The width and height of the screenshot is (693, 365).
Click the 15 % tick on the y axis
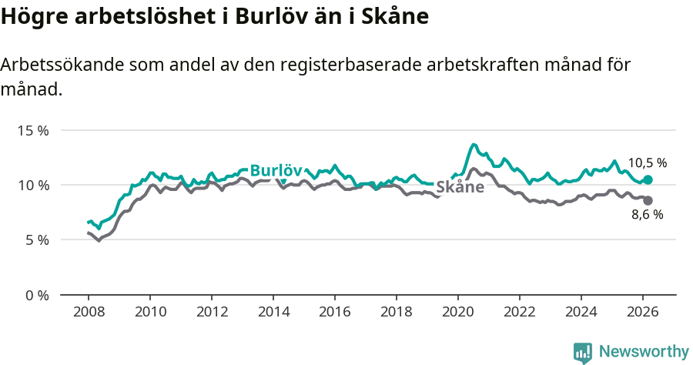click(32, 130)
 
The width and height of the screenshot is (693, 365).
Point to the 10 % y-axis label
click(32, 185)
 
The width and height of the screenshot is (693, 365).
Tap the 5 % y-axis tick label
click(35, 239)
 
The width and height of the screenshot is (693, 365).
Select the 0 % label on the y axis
click(35, 295)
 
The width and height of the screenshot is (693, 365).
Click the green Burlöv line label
click(276, 170)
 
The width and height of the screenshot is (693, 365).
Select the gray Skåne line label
click(460, 187)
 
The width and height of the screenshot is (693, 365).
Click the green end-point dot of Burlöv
click(648, 179)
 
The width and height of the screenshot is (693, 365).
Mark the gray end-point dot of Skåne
click(648, 200)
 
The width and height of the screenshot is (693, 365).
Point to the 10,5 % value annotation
click(647, 163)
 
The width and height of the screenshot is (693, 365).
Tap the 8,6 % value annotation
click(647, 215)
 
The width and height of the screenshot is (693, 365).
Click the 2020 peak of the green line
click(474, 145)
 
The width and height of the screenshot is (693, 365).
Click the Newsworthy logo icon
click(582, 352)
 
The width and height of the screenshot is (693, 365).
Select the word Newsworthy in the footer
click(644, 352)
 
